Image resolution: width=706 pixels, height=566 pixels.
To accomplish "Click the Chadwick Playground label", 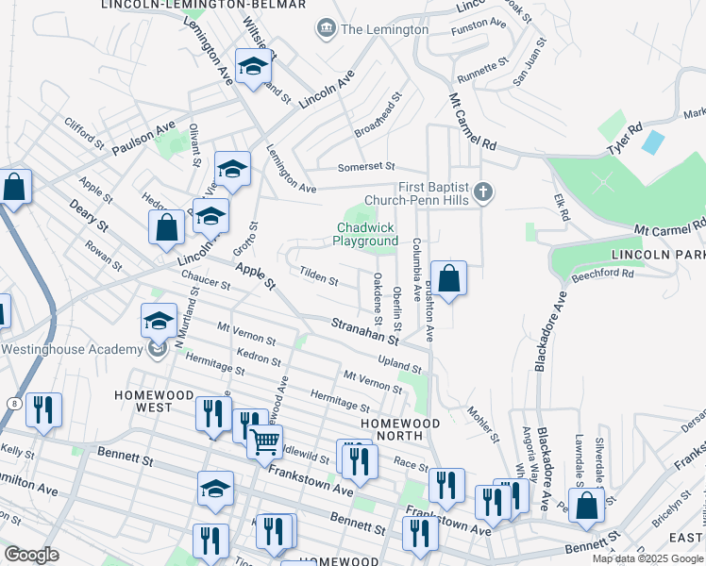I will [365, 234].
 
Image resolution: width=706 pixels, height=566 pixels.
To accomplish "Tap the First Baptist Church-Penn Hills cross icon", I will [482, 192].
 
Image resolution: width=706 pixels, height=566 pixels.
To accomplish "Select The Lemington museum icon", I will [327, 29].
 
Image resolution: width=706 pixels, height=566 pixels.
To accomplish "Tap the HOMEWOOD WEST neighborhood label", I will [143, 400].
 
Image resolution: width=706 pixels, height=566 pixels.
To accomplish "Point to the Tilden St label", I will [318, 279].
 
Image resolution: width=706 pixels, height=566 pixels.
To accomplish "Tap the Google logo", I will [31, 555].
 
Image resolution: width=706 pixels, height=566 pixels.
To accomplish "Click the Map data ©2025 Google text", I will [647, 558].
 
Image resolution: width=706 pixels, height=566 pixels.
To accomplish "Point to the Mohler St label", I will [482, 424].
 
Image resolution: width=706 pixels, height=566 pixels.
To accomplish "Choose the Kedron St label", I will [254, 359].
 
